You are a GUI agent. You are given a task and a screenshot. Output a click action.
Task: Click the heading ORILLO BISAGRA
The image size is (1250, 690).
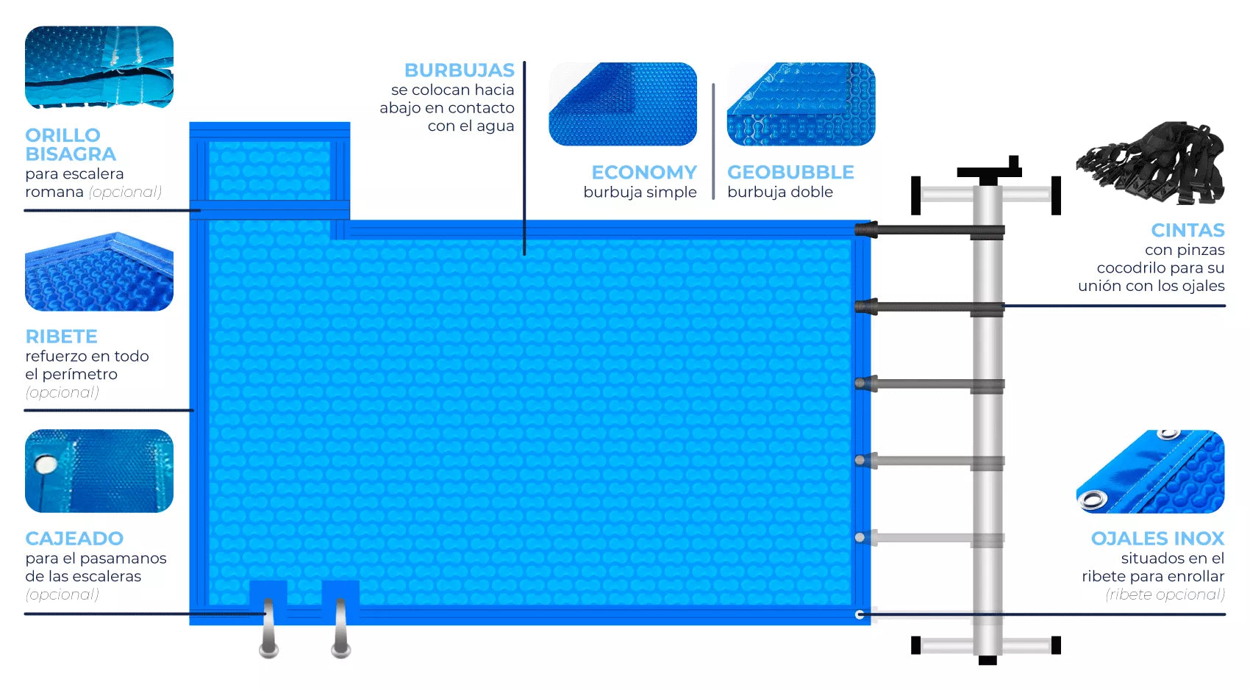pos(71,145)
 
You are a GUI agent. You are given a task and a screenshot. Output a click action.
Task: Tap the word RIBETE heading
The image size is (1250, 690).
pos(61,337)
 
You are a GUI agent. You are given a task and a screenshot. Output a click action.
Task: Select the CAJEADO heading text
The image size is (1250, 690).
pos(74,539)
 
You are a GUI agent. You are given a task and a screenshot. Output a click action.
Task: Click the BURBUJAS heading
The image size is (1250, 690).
pos(459,71)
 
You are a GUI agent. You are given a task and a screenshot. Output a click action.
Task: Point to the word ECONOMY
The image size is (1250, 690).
pos(643,173)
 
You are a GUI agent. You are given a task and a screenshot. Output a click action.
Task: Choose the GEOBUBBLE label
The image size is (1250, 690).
pos(790,173)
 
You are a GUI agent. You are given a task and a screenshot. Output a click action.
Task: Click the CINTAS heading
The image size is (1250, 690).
pos(1187,231)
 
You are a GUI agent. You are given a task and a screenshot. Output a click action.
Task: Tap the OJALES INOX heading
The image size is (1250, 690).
pos(1157,539)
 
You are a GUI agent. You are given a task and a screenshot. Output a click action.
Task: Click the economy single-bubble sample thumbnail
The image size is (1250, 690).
pos(623,104)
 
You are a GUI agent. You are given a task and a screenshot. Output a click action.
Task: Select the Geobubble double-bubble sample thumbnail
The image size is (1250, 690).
pos(801,104)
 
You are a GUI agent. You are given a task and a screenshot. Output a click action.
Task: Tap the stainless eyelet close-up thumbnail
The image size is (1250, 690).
pos(1150,472)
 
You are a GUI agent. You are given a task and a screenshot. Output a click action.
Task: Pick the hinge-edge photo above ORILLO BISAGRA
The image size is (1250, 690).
pos(99,68)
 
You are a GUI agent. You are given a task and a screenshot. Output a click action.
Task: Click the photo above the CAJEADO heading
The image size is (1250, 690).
pos(99,471)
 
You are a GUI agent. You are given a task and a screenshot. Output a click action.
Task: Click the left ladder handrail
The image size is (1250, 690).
pos(268,629)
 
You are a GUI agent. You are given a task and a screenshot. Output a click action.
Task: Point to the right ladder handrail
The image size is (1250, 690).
pos(340,629)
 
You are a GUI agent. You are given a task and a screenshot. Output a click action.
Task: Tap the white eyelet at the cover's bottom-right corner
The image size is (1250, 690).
pos(860,614)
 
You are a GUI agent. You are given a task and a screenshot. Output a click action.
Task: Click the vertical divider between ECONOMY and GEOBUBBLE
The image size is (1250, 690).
pos(713,141)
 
